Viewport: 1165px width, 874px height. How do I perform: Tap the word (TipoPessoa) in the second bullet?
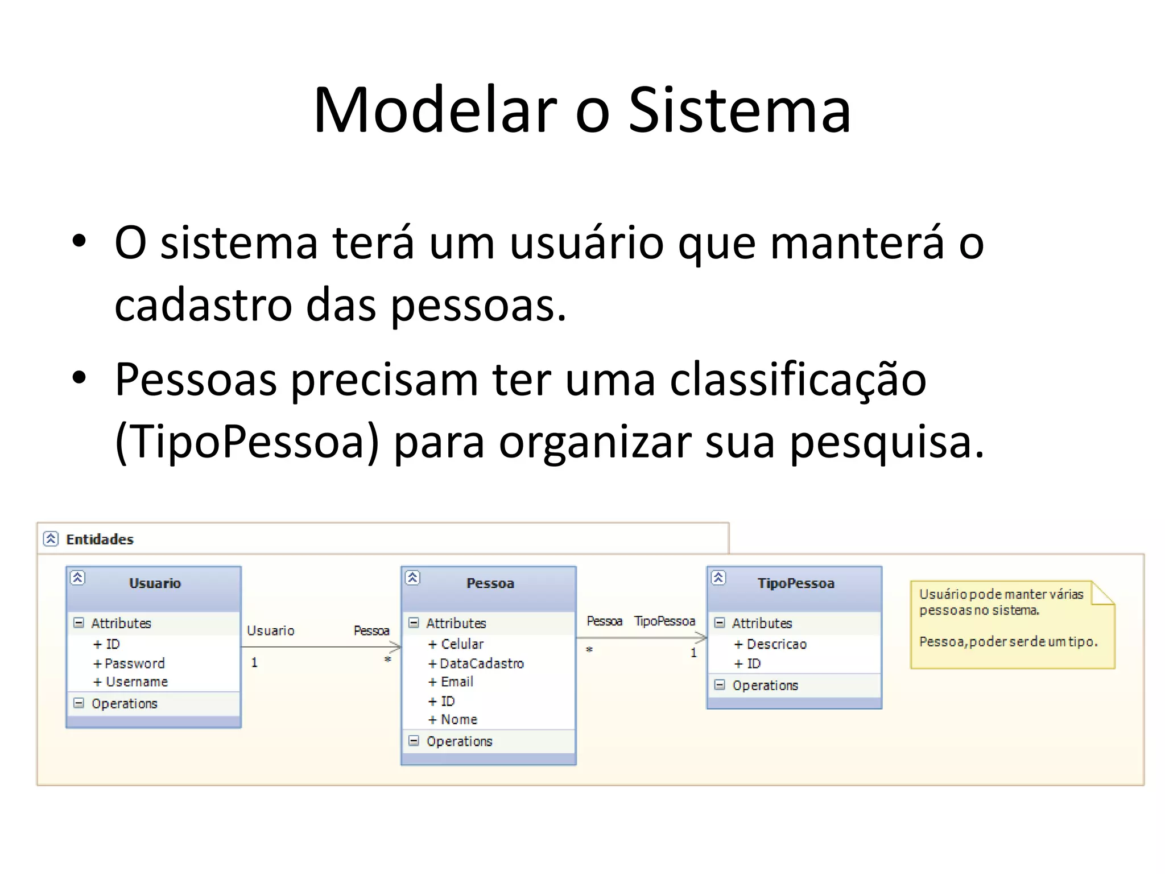pos(246,442)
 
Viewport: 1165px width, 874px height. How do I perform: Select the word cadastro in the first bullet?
pos(202,305)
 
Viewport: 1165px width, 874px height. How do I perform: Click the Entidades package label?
pos(100,539)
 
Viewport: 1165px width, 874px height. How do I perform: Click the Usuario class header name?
pos(155,583)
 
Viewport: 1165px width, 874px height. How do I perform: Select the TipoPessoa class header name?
pos(796,583)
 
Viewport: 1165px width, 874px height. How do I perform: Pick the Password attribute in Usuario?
pos(135,663)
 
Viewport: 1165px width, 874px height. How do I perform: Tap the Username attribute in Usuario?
pos(137,682)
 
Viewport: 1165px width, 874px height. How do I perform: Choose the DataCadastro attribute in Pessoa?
pos(482,663)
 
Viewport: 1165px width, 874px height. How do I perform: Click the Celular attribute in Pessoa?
pos(462,644)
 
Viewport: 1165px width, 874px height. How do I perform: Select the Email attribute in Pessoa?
pos(457,682)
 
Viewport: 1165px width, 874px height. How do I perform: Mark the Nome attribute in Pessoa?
pos(459,720)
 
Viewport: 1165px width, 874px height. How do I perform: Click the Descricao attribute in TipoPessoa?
pos(776,644)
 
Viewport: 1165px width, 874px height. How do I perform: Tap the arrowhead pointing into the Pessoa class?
pos(396,647)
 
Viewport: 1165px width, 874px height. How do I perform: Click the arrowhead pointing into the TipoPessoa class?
pos(702,638)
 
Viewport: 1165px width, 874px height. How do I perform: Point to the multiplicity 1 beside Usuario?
pos(254,662)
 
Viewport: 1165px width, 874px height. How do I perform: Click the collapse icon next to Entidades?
pos(51,539)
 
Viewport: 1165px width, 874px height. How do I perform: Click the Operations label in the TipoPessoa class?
pos(765,686)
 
